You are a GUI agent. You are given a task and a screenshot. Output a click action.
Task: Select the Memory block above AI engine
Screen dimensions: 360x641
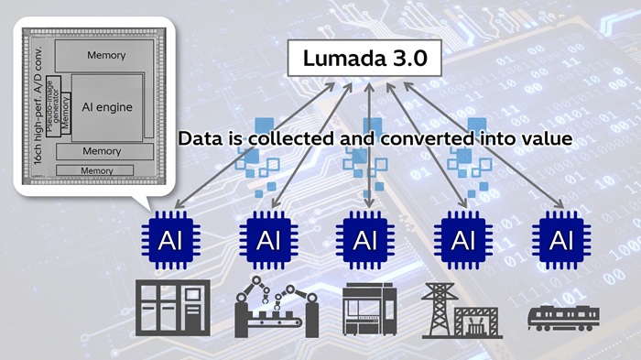[106, 56]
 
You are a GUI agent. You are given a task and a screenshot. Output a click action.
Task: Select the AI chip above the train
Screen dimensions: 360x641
[560, 240]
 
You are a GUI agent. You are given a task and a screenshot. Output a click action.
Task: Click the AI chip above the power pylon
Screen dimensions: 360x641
[463, 240]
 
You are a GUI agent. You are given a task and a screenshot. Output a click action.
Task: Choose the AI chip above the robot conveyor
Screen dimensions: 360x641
[269, 240]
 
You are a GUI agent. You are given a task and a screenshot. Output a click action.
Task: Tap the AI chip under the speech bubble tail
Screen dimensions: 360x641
[171, 240]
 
